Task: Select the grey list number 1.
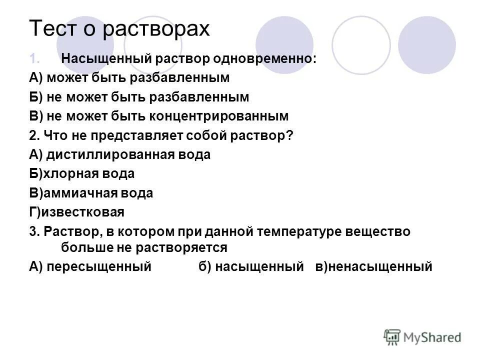[x=34, y=59]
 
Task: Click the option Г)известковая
[x=76, y=212]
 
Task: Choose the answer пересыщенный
[x=99, y=266]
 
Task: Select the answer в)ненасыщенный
[x=373, y=266]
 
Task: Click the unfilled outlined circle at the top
[x=361, y=44]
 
